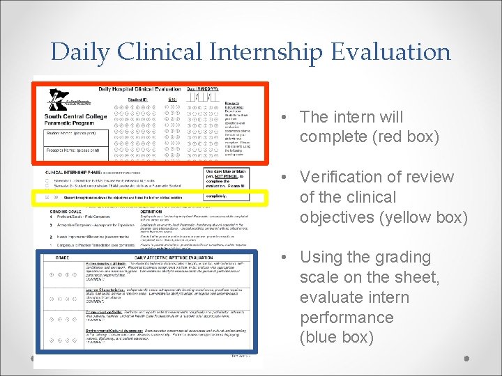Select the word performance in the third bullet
[x=347, y=318]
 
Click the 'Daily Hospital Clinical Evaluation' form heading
[x=139, y=89]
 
